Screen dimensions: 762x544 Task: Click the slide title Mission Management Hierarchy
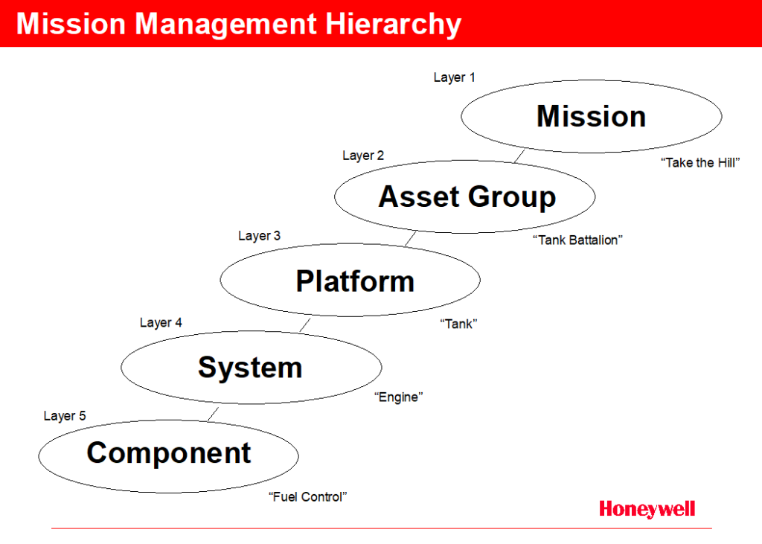239,24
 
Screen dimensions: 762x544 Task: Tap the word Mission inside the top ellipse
591,116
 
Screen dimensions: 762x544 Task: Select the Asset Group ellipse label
467,197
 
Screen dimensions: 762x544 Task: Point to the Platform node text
355,281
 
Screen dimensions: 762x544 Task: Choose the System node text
250,367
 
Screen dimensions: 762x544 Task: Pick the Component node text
169,453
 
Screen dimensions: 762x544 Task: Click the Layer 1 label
455,77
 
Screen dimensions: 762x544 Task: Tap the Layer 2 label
363,156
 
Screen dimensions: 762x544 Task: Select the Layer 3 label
259,236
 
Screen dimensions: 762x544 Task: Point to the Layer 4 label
161,322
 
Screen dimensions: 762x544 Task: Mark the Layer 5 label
65,416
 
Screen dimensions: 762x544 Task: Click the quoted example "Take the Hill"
700,162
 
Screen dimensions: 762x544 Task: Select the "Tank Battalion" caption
577,240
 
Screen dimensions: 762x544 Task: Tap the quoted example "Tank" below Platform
458,324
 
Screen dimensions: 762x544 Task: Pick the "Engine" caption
399,397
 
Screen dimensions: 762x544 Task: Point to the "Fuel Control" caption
307,496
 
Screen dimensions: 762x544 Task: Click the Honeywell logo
647,510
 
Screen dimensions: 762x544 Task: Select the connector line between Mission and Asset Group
519,156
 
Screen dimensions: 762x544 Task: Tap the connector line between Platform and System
304,324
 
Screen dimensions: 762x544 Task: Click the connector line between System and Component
213,415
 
